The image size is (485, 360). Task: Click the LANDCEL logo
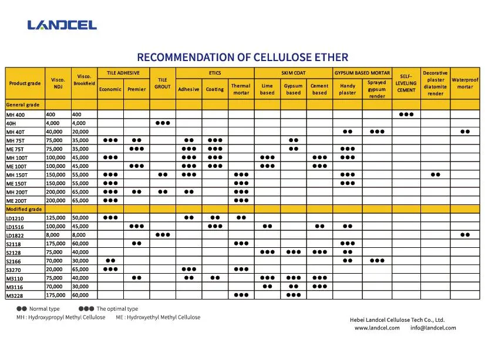point(62,25)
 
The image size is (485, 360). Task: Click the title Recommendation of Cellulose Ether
point(242,57)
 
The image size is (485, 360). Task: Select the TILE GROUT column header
point(163,83)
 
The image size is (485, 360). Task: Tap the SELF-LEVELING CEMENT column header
point(406,83)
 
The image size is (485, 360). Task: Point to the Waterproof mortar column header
point(464,83)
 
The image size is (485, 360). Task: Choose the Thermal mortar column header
point(241,89)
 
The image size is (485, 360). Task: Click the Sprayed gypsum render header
point(376,89)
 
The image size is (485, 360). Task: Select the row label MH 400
point(16,115)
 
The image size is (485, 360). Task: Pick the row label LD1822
point(15,235)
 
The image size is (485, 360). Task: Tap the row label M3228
point(15,296)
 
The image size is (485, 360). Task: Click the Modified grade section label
point(24,209)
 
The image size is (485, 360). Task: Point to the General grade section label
point(23,105)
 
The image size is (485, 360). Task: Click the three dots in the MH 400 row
point(406,114)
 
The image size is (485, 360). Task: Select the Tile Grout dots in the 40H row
point(163,123)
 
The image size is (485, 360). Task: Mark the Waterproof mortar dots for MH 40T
point(464,132)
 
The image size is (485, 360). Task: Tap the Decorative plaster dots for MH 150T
point(435,174)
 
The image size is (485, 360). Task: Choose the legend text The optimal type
point(117,309)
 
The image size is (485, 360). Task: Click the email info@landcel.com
point(433,328)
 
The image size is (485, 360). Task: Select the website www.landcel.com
point(377,328)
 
